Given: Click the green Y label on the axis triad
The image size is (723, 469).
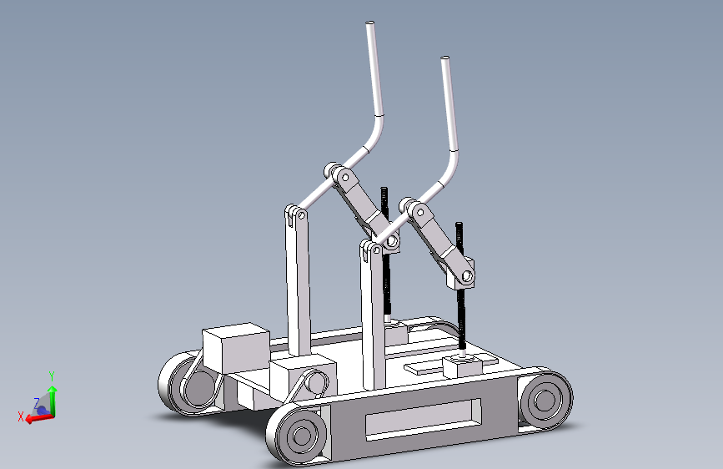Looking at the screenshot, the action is point(52,376).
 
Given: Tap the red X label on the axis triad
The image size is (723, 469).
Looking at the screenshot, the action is point(21,416).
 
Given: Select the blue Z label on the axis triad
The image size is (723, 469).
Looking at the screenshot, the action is point(37,402).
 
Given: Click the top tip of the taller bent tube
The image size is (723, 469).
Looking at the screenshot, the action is point(369,23).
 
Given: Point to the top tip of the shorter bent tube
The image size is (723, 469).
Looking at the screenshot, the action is point(445,58).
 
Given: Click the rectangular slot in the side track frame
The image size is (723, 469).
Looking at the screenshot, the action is point(424,419).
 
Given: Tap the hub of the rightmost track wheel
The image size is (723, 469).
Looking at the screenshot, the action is point(545,399).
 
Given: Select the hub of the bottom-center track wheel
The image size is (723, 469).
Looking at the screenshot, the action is point(302,435).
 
